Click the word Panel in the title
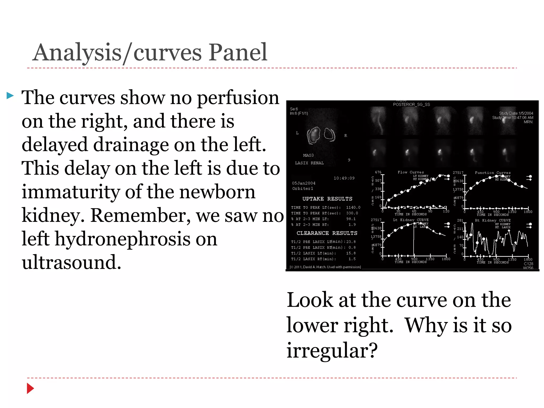(x=237, y=52)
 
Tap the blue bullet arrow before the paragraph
(x=10, y=95)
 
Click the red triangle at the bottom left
(x=30, y=388)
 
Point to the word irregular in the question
(x=332, y=350)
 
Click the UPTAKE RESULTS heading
(x=327, y=199)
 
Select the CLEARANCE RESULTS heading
(x=327, y=233)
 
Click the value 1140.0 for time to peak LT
(x=353, y=207)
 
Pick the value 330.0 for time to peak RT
(x=352, y=213)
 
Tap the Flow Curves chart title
(x=411, y=172)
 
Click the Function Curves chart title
(x=493, y=173)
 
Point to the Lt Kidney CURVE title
(x=411, y=220)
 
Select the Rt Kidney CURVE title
(x=493, y=220)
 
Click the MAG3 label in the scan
(x=308, y=155)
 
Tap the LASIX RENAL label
(x=309, y=163)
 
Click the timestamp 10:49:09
(x=344, y=178)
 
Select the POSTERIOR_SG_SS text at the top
(x=411, y=105)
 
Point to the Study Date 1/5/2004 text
(x=516, y=113)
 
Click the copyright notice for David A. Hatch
(x=326, y=267)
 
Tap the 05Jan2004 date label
(x=304, y=183)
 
